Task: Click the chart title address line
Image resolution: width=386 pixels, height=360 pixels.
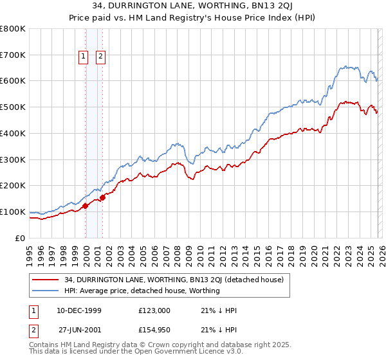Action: click(x=192, y=7)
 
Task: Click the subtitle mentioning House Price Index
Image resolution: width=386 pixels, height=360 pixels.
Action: click(x=192, y=18)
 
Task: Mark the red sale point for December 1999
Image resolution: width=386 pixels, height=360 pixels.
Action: click(x=86, y=206)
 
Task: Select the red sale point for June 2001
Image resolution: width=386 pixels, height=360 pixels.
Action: click(x=103, y=197)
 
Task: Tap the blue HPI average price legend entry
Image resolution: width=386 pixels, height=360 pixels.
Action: click(x=142, y=291)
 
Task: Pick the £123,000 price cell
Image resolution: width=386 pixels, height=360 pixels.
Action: click(x=153, y=310)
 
